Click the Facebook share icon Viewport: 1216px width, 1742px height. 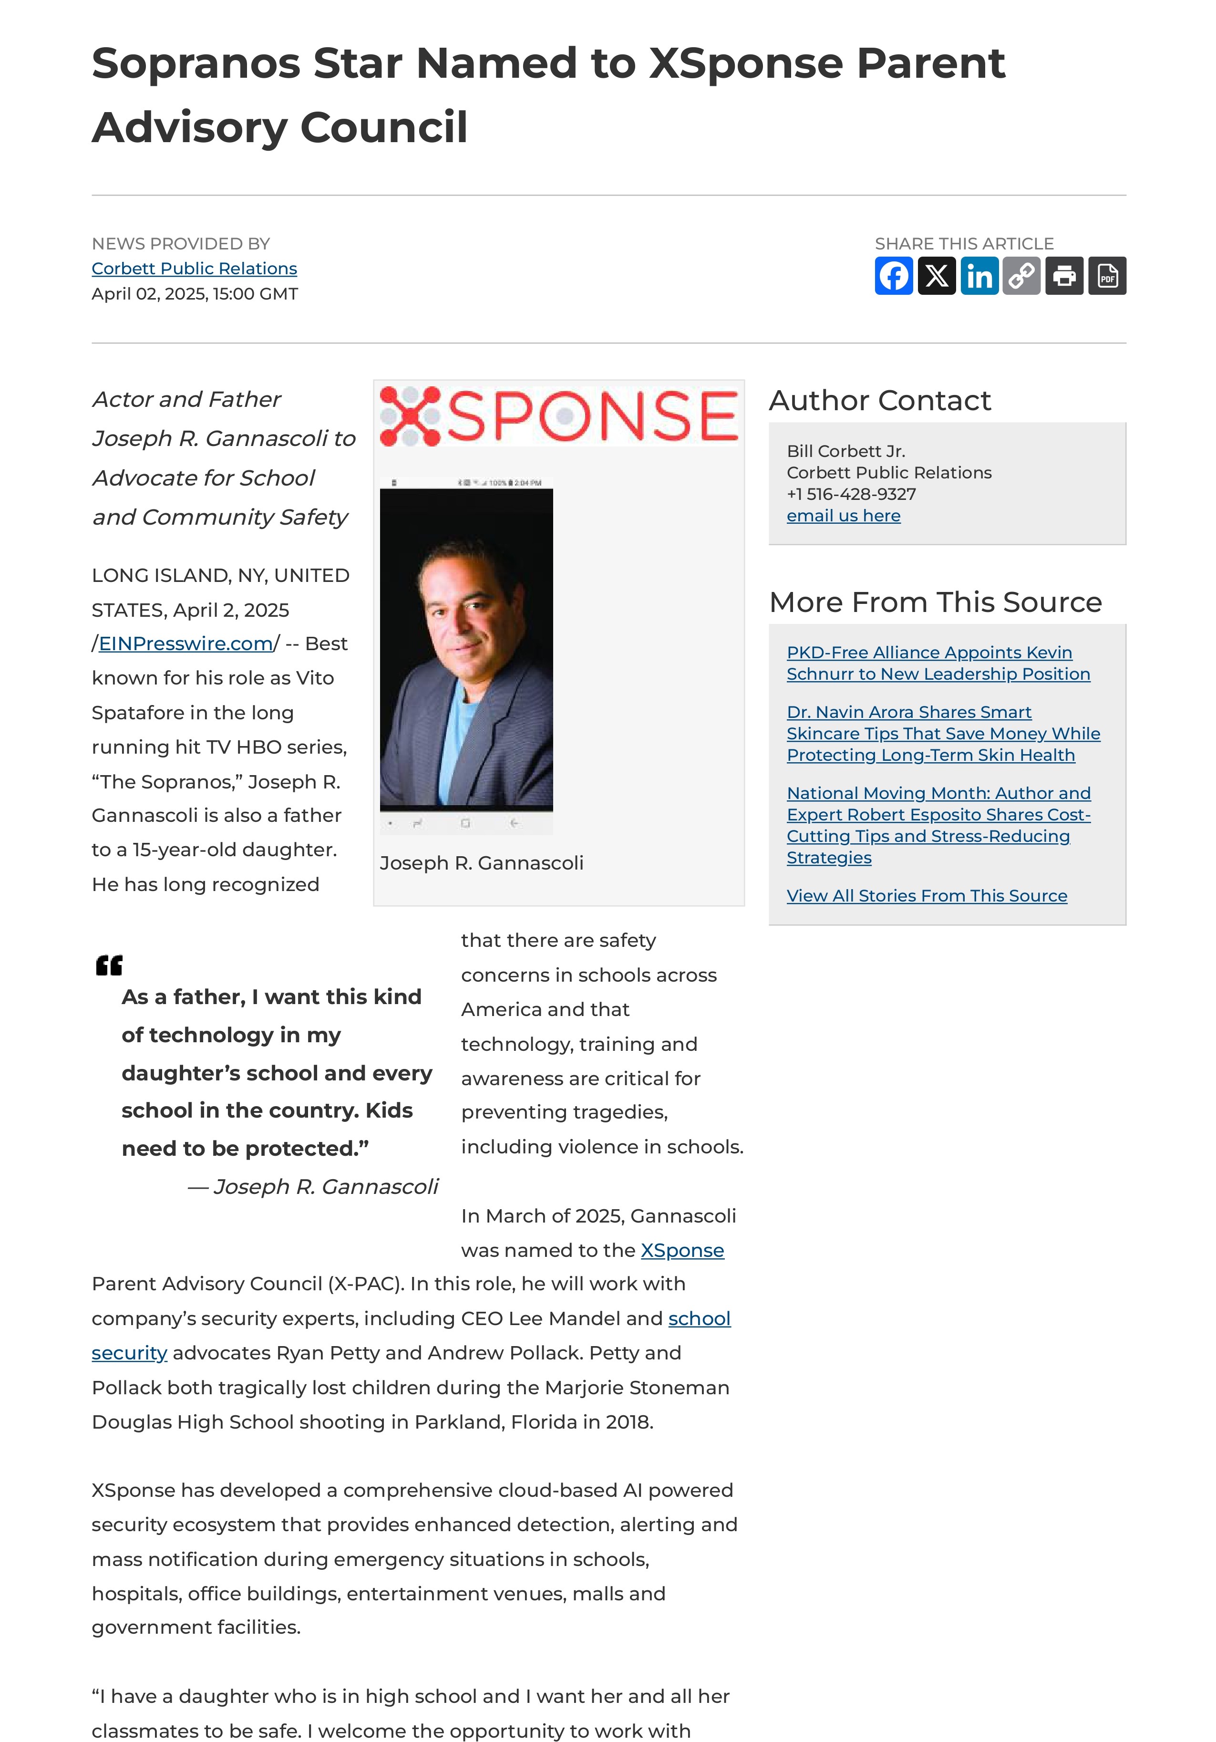coord(894,275)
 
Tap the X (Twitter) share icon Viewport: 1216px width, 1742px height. coord(936,275)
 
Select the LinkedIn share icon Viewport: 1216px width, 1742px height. coord(979,275)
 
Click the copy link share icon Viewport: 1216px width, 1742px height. coord(1021,275)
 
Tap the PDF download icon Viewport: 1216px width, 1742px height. coord(1107,275)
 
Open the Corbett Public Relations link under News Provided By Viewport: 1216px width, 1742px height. coord(194,269)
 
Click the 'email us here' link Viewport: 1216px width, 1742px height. coord(843,516)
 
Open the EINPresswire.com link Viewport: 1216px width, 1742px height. coord(186,643)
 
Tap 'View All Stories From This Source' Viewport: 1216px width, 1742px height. coord(926,896)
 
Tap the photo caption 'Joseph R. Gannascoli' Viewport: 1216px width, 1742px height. coord(481,863)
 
